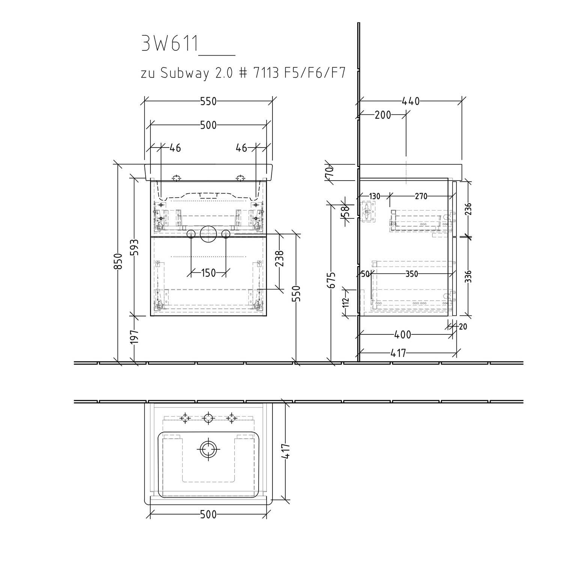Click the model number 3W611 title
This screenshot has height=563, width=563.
pos(170,44)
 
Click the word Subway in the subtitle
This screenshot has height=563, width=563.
pos(185,74)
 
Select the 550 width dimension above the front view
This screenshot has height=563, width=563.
pos(208,101)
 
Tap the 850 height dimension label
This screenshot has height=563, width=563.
pos(118,261)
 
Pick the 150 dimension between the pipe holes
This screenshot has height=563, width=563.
pos(208,273)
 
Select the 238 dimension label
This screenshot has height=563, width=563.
pos(279,259)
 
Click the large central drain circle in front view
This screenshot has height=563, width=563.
pos(208,234)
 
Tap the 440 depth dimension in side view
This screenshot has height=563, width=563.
pos(411,101)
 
